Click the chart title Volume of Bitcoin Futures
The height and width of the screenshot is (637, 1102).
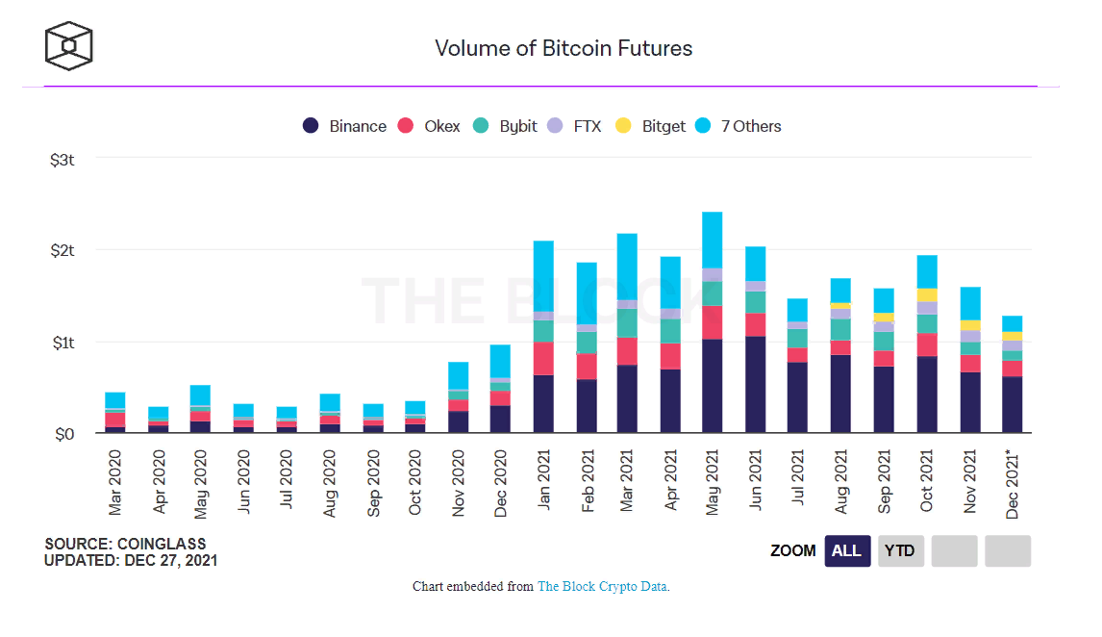point(564,48)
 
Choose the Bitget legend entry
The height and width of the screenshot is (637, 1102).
point(651,126)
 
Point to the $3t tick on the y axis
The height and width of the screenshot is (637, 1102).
point(62,160)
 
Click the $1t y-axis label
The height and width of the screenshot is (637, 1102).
point(62,343)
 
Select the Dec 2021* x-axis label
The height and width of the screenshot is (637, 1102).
point(1013,483)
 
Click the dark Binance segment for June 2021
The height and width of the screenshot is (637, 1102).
point(756,385)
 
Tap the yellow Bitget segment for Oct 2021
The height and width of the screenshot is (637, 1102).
point(927,294)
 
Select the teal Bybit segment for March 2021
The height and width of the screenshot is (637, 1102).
point(627,323)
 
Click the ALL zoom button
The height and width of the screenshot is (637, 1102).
point(847,551)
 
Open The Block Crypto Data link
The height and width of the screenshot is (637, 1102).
point(602,586)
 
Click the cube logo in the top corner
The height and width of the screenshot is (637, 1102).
point(69,45)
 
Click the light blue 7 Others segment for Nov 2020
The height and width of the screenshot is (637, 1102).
point(459,375)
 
